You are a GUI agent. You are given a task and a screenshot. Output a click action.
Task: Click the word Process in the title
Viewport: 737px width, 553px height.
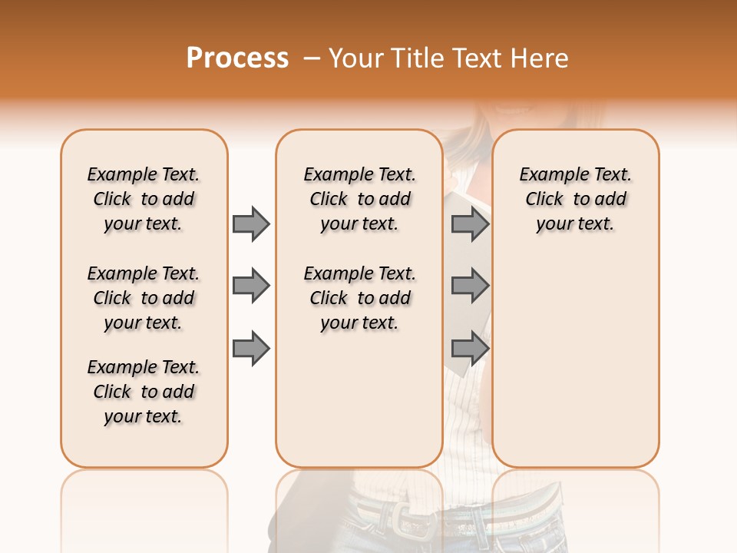coord(237,58)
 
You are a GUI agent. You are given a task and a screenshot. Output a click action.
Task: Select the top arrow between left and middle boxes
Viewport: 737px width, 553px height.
coord(251,224)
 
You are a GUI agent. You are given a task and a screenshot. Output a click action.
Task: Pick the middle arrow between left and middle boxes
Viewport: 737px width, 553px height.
coord(251,286)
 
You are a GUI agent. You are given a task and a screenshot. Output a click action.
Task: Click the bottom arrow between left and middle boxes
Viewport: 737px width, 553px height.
coord(251,348)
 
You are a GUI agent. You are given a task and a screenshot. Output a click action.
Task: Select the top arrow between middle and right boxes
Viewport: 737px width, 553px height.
coord(470,224)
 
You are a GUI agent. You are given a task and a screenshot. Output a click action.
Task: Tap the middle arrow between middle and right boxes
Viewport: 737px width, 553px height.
coord(470,286)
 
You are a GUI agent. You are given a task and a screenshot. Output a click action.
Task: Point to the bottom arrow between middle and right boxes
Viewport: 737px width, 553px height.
coord(470,348)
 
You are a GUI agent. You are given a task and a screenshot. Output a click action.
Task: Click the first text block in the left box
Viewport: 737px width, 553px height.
coord(144,199)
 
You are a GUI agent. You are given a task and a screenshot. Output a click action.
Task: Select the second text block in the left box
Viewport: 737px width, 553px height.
coord(144,298)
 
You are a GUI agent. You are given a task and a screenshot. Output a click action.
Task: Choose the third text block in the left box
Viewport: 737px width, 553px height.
coord(144,392)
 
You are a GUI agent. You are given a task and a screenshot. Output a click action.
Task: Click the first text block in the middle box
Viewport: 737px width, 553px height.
coord(360,199)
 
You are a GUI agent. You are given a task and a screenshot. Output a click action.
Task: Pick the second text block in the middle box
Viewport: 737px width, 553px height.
coord(360,298)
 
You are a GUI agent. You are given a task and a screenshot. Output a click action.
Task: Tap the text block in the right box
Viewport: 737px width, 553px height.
coord(576,199)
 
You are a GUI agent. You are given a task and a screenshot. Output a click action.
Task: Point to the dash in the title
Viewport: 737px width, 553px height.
coord(312,58)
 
